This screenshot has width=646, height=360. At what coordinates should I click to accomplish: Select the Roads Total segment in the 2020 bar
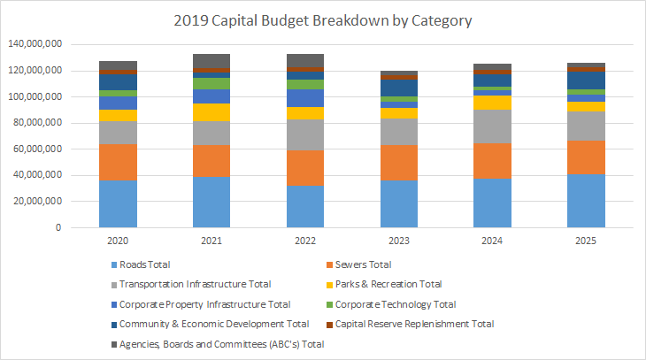(x=118, y=204)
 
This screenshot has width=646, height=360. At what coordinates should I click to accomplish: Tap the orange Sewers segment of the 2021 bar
(x=211, y=160)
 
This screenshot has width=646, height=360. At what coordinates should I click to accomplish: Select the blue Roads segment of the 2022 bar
(x=304, y=206)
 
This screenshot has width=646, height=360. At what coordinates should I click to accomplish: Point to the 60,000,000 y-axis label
(x=34, y=149)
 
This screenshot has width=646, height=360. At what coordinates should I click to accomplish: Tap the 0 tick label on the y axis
(x=58, y=228)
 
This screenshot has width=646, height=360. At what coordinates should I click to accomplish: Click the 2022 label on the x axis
(x=304, y=240)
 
